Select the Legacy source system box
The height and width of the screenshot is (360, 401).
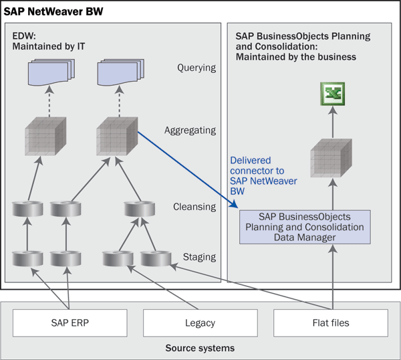point(200,323)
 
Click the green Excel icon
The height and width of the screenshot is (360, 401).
point(330,94)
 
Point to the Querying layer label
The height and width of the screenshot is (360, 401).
point(196,68)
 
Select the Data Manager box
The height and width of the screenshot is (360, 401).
point(305,227)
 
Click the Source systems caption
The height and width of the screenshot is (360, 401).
point(200,349)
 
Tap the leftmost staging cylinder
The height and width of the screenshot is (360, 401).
point(27,258)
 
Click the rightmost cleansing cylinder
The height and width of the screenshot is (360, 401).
point(140,208)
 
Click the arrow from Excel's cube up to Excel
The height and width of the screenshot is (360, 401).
point(330,124)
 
